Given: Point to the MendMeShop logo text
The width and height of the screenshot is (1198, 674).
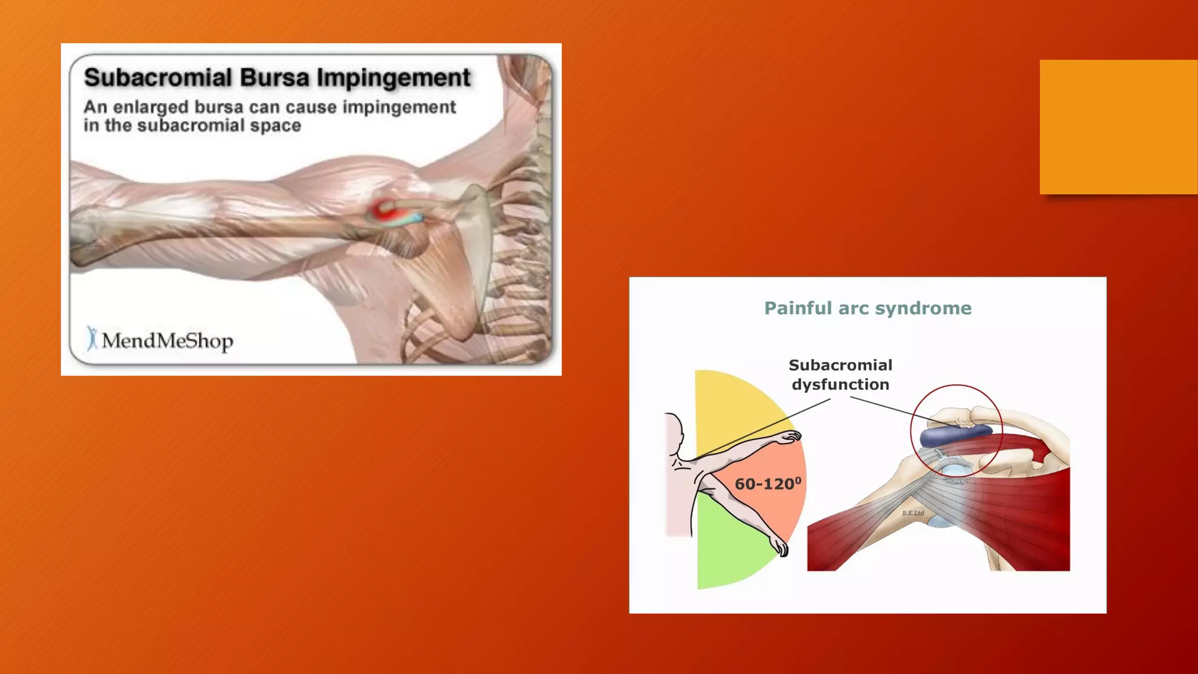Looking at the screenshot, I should coord(167,341).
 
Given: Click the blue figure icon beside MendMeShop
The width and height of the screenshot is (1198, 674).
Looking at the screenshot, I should coord(92,338).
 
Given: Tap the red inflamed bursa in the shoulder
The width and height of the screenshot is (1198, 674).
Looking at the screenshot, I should coord(384,209).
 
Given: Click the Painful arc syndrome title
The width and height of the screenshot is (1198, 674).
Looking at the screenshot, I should coord(867,308).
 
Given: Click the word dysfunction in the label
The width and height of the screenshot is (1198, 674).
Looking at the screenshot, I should coord(841,384).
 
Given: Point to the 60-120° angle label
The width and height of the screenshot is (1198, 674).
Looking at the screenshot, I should coord(767,484).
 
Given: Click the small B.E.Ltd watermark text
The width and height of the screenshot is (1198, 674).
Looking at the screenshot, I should coord(913,513).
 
